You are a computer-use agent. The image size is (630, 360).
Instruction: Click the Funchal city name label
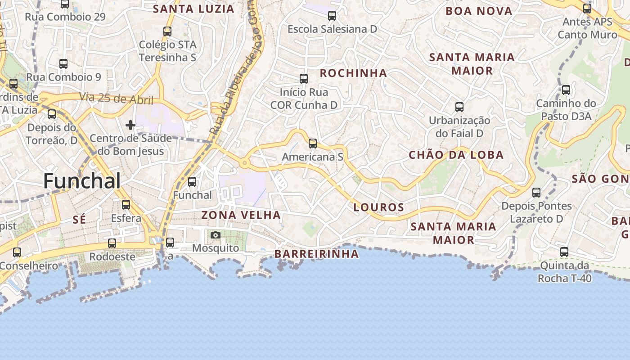tap(82, 181)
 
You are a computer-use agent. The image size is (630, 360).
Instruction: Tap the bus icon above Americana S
tap(312, 144)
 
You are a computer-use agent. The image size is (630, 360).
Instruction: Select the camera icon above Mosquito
tap(216, 235)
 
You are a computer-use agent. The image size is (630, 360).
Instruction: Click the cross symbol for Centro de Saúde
tap(130, 125)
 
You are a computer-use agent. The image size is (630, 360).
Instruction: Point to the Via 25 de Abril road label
tap(116, 98)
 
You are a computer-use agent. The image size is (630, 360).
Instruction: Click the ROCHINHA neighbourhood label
tap(353, 73)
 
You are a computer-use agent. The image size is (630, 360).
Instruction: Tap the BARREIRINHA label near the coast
tap(317, 254)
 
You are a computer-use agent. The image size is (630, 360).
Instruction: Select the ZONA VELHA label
tap(241, 215)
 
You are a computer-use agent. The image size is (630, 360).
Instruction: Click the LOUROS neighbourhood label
tap(379, 207)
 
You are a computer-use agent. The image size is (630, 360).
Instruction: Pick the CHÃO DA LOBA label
tap(456, 155)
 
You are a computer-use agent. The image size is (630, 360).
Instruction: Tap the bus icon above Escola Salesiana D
tap(332, 16)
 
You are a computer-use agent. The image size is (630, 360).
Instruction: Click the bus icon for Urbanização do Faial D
tap(459, 107)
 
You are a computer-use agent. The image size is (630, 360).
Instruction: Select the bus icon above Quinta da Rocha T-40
tap(564, 252)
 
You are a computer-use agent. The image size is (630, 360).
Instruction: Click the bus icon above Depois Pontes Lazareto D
tap(536, 193)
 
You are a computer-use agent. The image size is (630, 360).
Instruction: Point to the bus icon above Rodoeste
tap(112, 243)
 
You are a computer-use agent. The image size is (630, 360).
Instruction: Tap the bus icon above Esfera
tap(126, 205)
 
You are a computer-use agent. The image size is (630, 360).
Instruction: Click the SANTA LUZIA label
tap(194, 9)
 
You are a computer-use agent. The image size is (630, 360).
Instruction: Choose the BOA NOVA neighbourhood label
tap(479, 11)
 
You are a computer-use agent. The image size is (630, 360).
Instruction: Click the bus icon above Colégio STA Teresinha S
tap(167, 31)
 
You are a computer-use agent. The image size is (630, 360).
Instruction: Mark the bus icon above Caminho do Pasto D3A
tap(566, 90)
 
